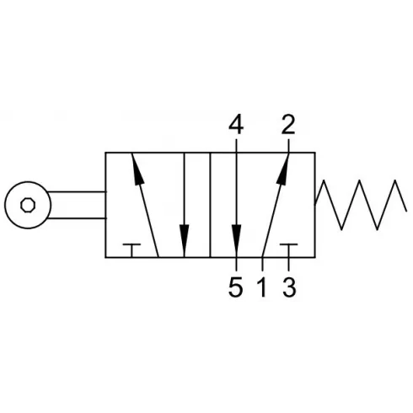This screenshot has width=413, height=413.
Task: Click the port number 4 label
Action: click(x=236, y=125)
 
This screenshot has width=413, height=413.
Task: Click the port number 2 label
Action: click(x=288, y=125)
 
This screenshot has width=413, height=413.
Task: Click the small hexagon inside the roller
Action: click(x=28, y=205)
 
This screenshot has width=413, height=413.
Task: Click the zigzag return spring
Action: click(x=360, y=205)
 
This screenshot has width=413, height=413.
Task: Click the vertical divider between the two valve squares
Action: click(x=210, y=205)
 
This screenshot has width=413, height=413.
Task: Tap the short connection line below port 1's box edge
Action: click(x=262, y=264)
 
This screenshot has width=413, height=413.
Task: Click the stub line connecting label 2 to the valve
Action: click(x=288, y=146)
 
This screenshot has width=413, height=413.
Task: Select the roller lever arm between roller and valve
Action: click(x=78, y=205)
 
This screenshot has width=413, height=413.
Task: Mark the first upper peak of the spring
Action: click(x=324, y=180)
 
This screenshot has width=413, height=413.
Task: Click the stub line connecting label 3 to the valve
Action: click(x=288, y=264)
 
